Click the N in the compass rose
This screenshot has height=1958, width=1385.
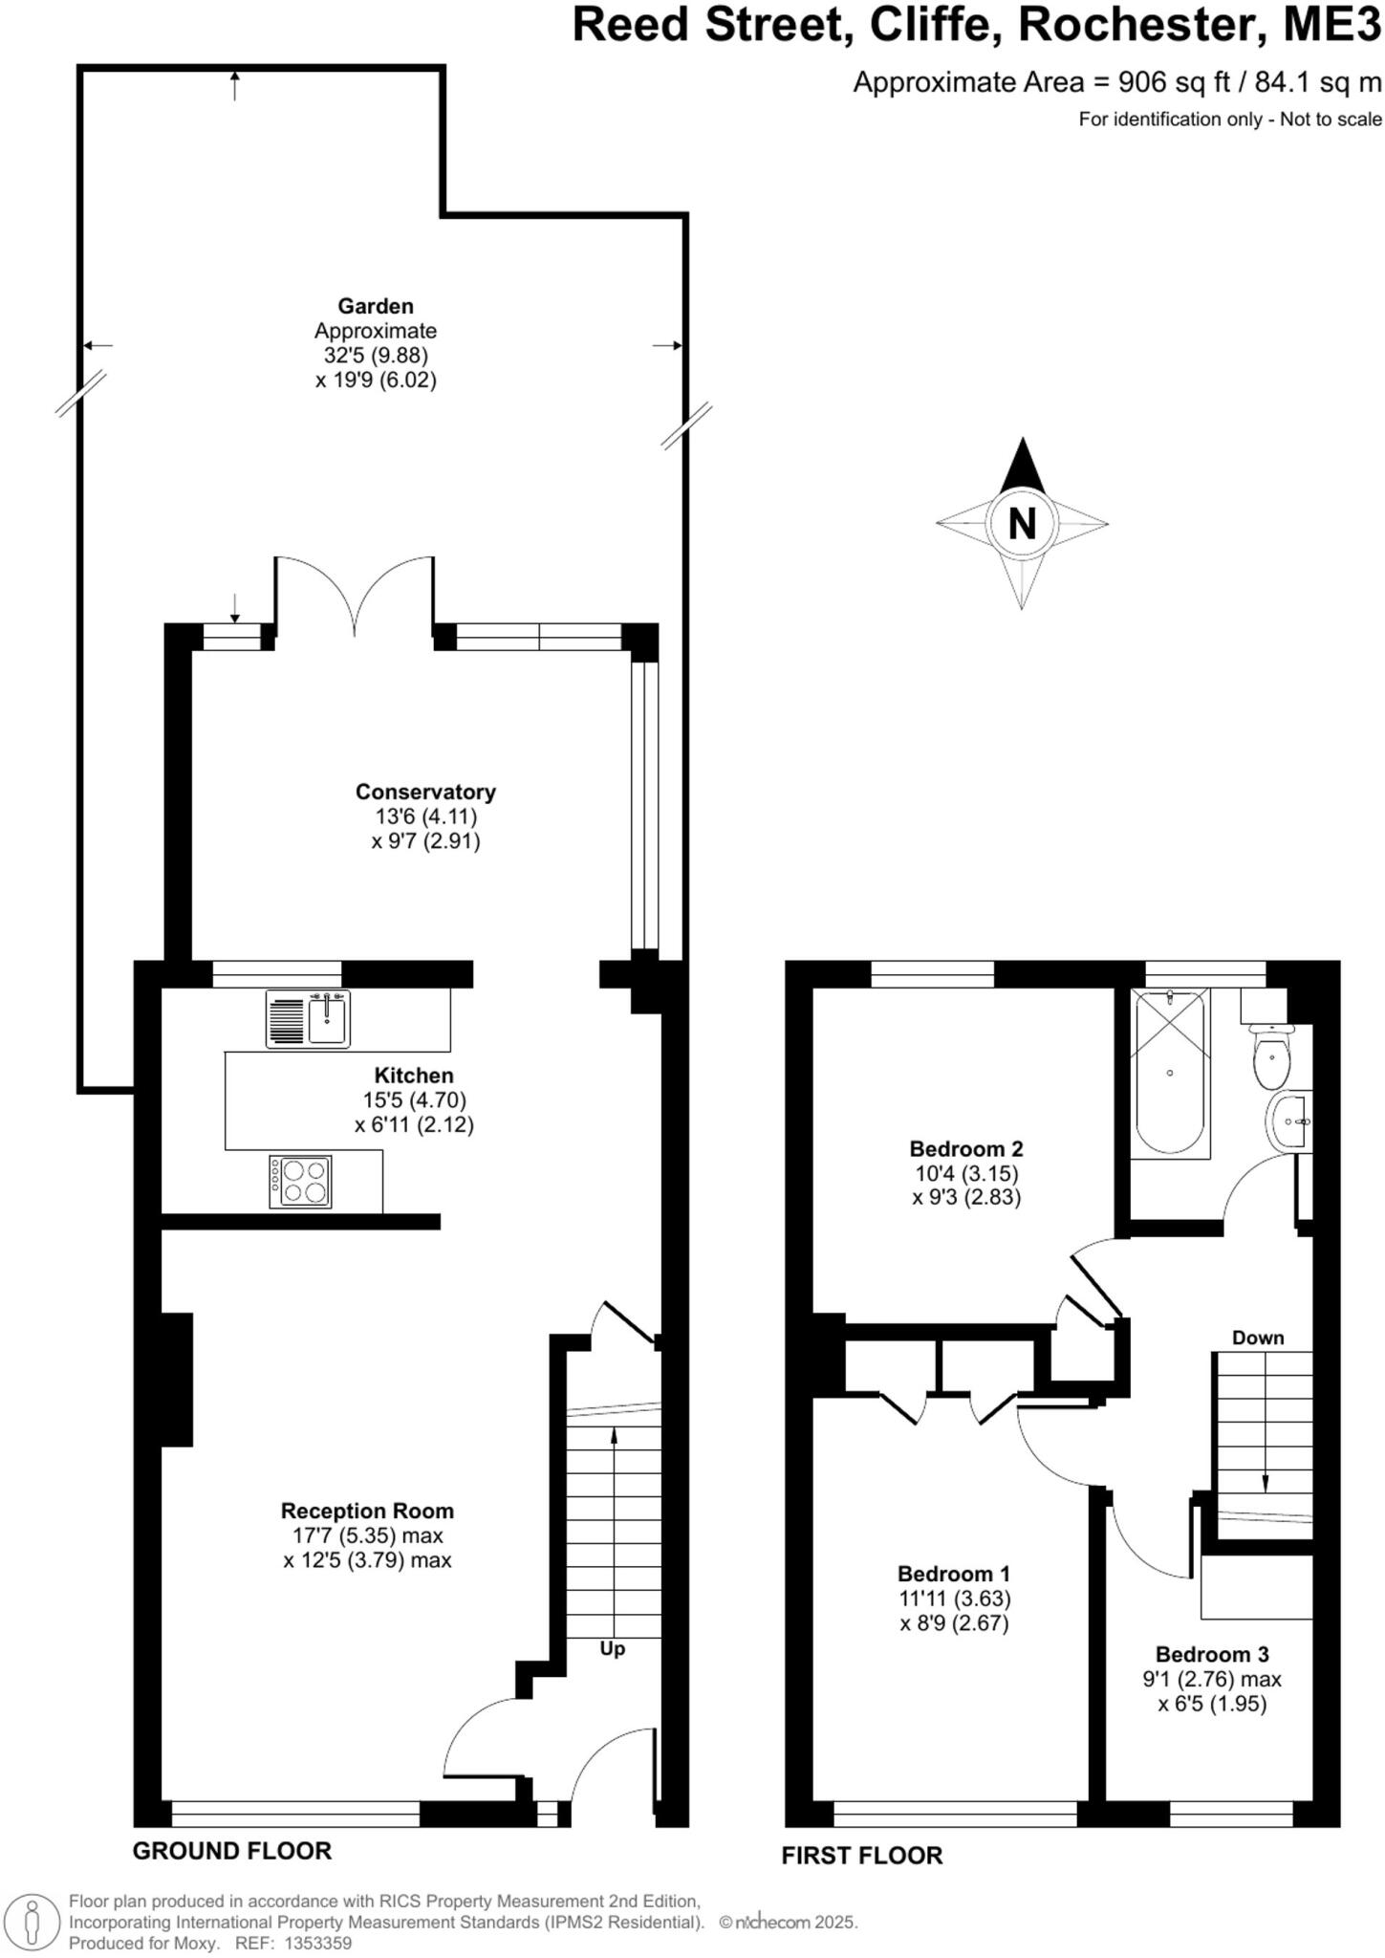[x=1022, y=524]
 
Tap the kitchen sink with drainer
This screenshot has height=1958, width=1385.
[x=309, y=1017]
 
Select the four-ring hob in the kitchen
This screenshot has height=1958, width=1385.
[x=301, y=1182]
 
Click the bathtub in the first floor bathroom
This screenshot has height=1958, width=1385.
[x=1170, y=1072]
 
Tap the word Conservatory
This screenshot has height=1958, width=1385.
[x=425, y=792]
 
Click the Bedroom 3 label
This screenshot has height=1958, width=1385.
[x=1211, y=1654]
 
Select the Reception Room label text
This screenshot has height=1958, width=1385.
[x=367, y=1511]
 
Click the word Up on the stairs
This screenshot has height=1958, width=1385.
[x=612, y=1649]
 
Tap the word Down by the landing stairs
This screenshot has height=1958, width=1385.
[x=1257, y=1338]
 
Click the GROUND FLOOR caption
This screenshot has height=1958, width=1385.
[x=232, y=1851]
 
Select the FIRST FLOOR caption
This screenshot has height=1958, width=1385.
[x=861, y=1856]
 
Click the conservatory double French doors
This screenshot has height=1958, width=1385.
[x=355, y=598]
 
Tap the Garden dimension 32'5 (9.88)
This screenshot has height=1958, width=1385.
[x=376, y=356]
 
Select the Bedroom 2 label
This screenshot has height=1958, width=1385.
[x=966, y=1148]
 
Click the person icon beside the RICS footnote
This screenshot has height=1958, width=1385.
[x=32, y=1922]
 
